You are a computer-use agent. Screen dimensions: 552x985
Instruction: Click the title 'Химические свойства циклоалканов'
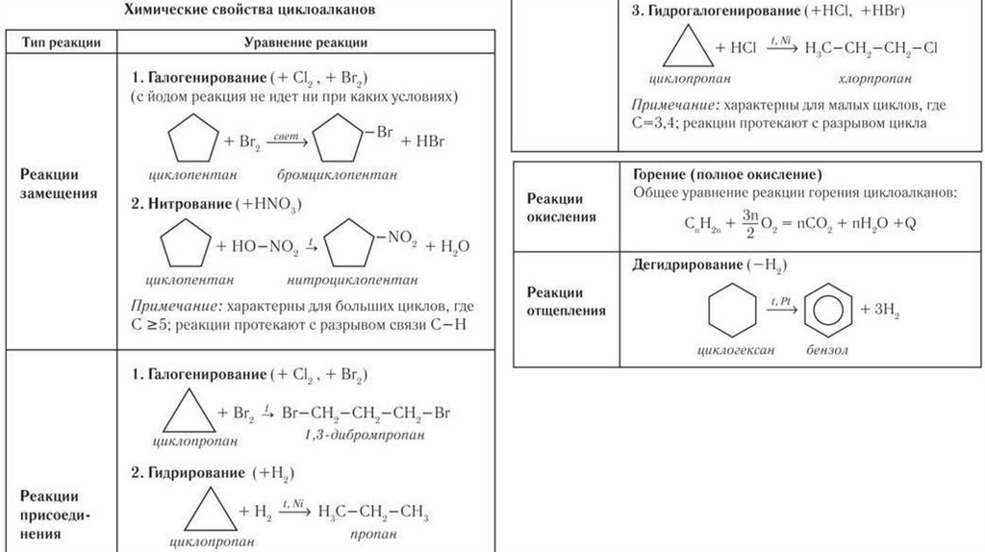(254, 12)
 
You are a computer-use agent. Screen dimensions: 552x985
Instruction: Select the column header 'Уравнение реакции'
(305, 43)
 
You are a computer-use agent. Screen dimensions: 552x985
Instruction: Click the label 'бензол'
(828, 351)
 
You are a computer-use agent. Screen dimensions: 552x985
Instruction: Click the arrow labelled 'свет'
(284, 141)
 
